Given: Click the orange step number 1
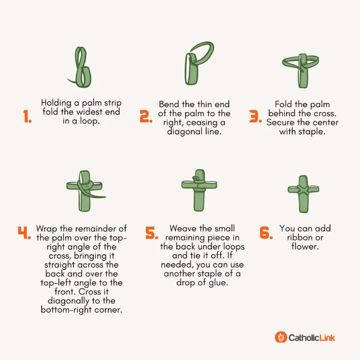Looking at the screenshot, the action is click(x=27, y=116).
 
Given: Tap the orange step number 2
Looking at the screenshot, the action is click(x=146, y=116).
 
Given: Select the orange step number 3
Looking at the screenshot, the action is click(x=255, y=116).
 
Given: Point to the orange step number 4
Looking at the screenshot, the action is click(x=24, y=232).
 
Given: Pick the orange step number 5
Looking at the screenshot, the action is click(x=152, y=232).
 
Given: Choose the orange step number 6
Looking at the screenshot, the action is click(x=266, y=232).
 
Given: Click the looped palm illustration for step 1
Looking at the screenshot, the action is click(x=80, y=67).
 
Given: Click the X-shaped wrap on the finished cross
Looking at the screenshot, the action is click(x=303, y=190).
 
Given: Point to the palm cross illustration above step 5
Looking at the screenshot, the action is click(x=199, y=190).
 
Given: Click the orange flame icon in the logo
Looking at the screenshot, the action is click(x=281, y=337).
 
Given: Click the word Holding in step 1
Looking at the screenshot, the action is click(x=56, y=103).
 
